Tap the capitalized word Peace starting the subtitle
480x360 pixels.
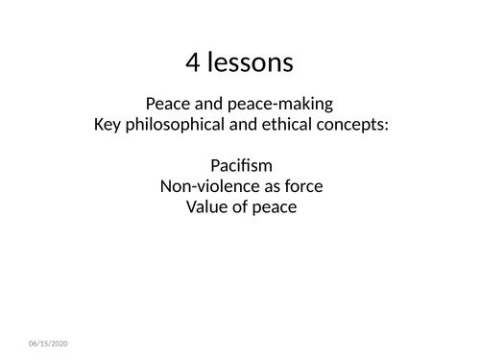point(165,104)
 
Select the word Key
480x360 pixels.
point(108,125)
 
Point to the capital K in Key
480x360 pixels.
point(97,125)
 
